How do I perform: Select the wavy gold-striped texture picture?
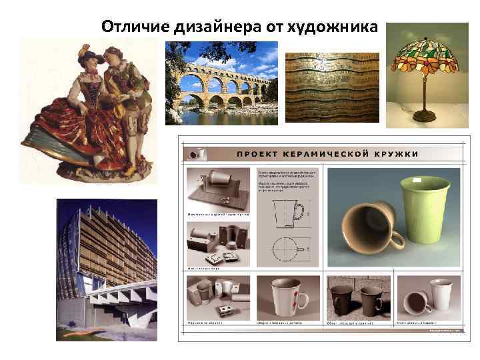pyautogui.click(x=332, y=87)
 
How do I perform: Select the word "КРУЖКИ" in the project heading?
pyautogui.click(x=396, y=153)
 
